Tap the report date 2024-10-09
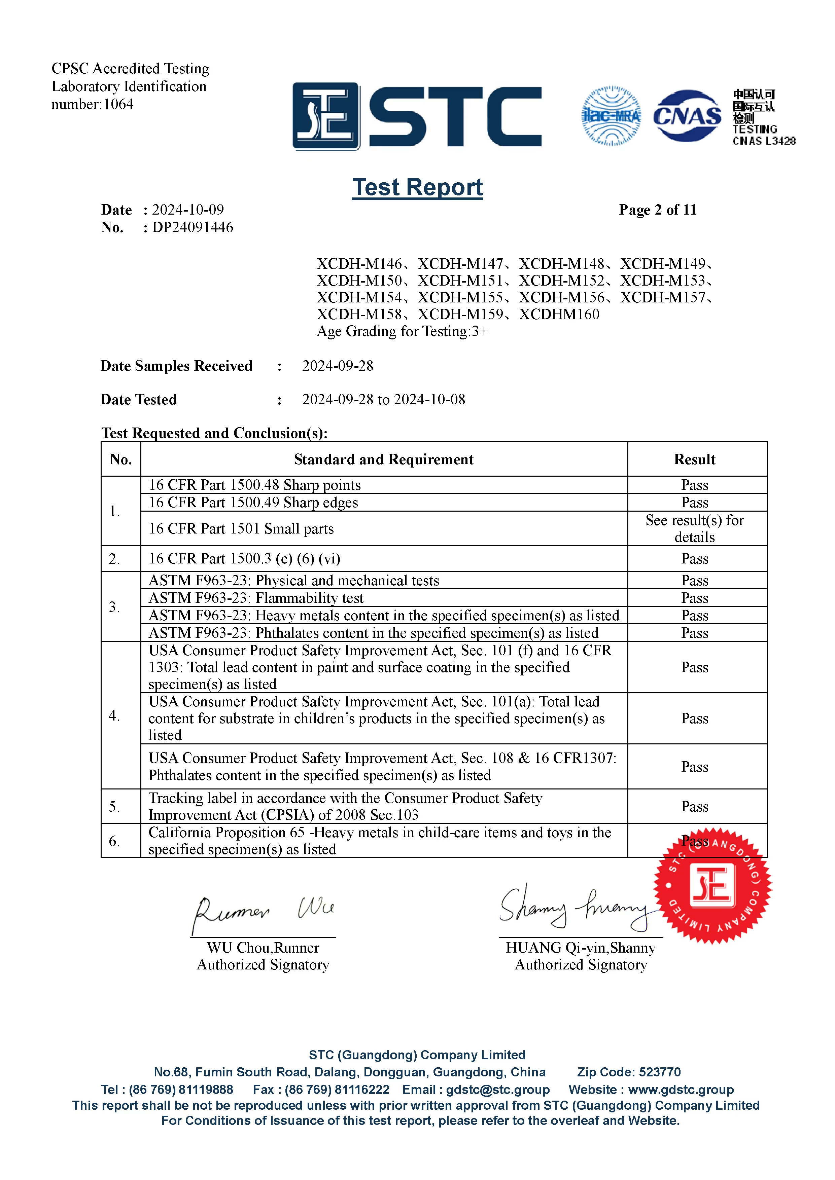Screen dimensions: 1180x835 188,210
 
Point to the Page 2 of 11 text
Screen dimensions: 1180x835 658,210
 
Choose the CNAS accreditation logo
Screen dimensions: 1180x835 687,116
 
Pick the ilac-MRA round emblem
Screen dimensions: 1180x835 611,116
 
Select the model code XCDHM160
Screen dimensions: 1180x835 559,314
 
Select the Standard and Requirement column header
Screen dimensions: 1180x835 384,459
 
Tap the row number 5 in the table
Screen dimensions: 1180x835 114,806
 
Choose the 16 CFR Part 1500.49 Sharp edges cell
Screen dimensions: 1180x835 253,503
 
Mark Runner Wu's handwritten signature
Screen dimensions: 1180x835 264,913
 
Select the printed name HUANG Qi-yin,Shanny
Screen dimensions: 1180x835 581,948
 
